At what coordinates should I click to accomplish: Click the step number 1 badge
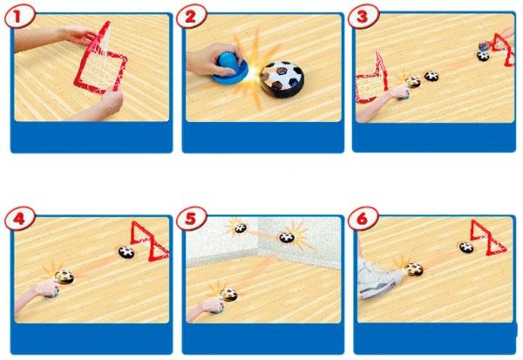point(19,17)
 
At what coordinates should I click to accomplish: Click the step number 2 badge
point(191,17)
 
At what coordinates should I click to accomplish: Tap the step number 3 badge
point(363,17)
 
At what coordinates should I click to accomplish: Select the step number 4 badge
point(19,219)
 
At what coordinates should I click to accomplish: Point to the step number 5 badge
point(191,219)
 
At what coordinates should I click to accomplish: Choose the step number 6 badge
point(363,219)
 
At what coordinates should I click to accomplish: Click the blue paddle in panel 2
point(230,68)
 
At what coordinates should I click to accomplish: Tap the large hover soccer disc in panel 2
point(282,79)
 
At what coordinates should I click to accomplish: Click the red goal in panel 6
point(488,238)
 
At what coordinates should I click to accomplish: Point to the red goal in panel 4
point(149,241)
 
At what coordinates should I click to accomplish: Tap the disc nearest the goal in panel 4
point(126,252)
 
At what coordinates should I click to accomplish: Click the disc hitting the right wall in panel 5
point(287,238)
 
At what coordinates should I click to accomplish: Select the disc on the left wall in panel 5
point(241,228)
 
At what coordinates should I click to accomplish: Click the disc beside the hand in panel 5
point(228,295)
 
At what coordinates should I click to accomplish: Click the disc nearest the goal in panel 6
point(466,248)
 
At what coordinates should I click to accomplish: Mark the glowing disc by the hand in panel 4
point(65,277)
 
